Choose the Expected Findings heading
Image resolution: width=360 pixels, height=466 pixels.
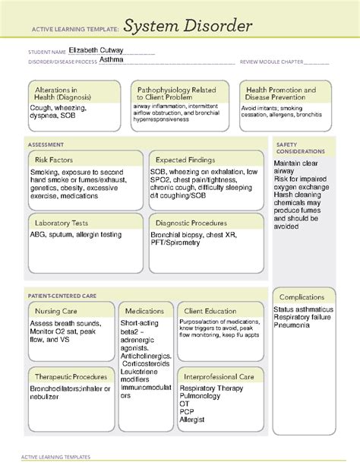[185, 160]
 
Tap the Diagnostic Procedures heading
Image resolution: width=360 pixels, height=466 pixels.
[191, 223]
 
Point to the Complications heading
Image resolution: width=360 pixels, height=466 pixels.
[302, 296]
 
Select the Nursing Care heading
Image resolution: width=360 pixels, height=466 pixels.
[58, 311]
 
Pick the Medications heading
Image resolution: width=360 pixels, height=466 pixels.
[144, 311]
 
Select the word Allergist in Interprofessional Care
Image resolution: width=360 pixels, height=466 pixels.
[192, 420]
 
